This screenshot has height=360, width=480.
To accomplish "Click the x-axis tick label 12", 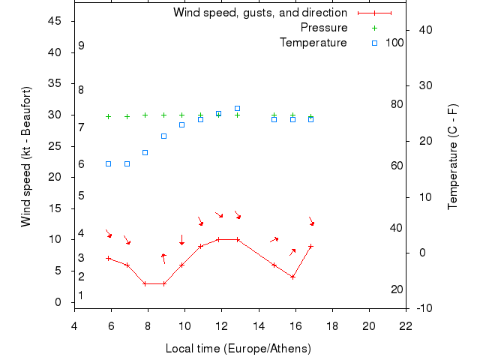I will click(x=221, y=325).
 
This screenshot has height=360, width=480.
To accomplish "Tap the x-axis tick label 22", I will click(x=406, y=325).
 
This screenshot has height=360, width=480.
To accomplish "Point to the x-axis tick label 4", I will click(x=73, y=325).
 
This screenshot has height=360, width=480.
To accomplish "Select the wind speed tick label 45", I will click(x=55, y=21).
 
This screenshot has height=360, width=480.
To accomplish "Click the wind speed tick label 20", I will click(x=55, y=177).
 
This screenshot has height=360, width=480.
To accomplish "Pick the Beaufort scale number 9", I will click(x=81, y=46).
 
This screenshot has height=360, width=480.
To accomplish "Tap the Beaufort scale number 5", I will click(x=81, y=196).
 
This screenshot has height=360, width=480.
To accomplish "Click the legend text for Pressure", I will click(x=323, y=28).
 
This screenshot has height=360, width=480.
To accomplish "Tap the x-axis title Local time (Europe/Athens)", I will click(x=238, y=349).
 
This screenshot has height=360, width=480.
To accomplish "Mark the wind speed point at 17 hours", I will click(x=310, y=246).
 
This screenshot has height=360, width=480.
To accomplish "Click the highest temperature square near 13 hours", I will click(x=237, y=109).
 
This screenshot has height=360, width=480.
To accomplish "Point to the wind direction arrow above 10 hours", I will click(x=181, y=240).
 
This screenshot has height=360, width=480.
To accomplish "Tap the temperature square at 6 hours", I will click(x=108, y=163).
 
